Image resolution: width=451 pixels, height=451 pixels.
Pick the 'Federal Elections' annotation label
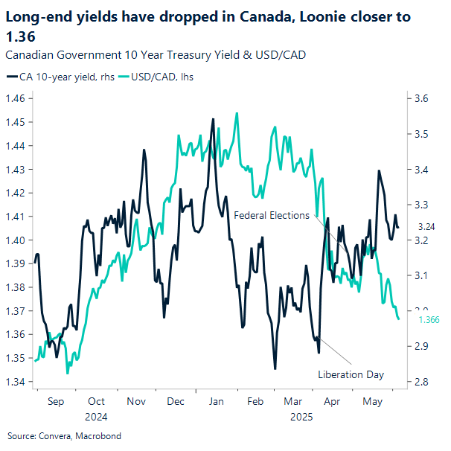(x=271, y=215)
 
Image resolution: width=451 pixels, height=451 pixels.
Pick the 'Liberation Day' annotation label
(x=351, y=374)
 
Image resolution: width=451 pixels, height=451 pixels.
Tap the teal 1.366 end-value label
(x=430, y=319)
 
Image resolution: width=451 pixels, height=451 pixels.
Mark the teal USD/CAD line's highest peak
(x=237, y=114)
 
